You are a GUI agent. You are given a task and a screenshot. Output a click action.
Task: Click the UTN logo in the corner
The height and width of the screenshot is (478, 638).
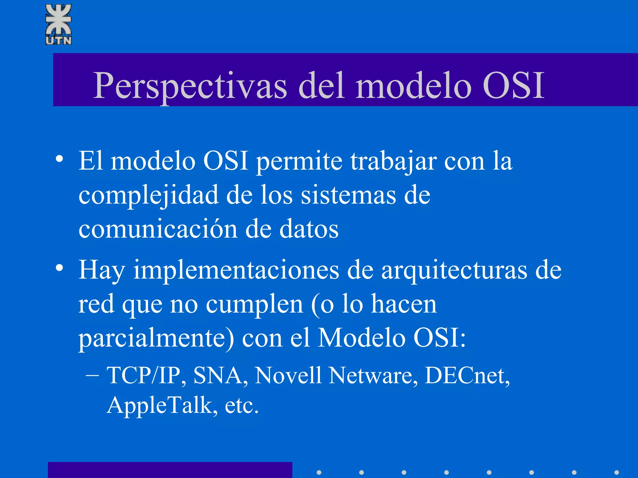coord(59,24)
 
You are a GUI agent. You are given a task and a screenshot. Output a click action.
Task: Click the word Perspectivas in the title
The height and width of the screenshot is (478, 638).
coord(190,86)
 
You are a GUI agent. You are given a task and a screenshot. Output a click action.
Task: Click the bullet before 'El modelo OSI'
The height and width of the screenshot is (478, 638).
coord(60,159)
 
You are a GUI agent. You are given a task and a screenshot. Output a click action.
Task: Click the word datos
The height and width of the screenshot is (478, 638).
coord(309,229)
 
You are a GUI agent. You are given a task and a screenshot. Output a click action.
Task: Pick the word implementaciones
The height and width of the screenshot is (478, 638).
coord(236,270)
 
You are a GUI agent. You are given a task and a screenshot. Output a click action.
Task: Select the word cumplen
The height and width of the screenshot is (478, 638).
coord(255,304)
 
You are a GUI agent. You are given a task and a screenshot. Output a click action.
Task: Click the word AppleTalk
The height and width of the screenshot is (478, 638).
coord(159,405)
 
